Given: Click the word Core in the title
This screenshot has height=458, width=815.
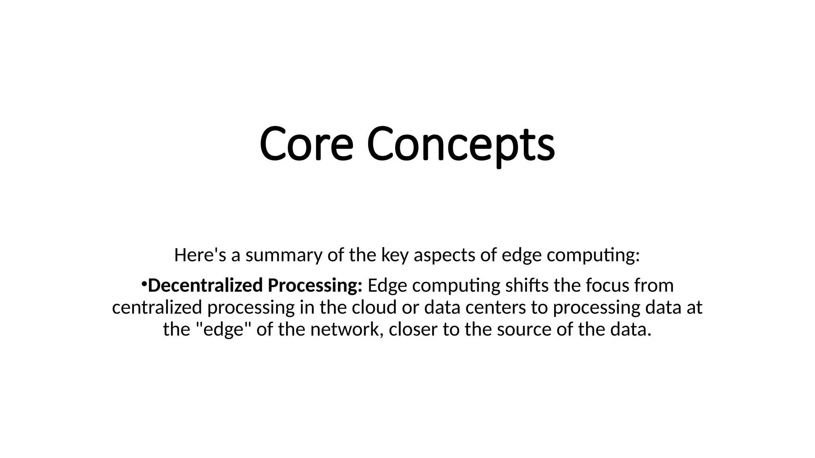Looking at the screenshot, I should [x=306, y=144].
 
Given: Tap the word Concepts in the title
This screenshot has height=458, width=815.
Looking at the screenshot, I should [x=460, y=144].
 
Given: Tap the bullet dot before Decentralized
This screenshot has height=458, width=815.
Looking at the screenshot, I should [x=144, y=283].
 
